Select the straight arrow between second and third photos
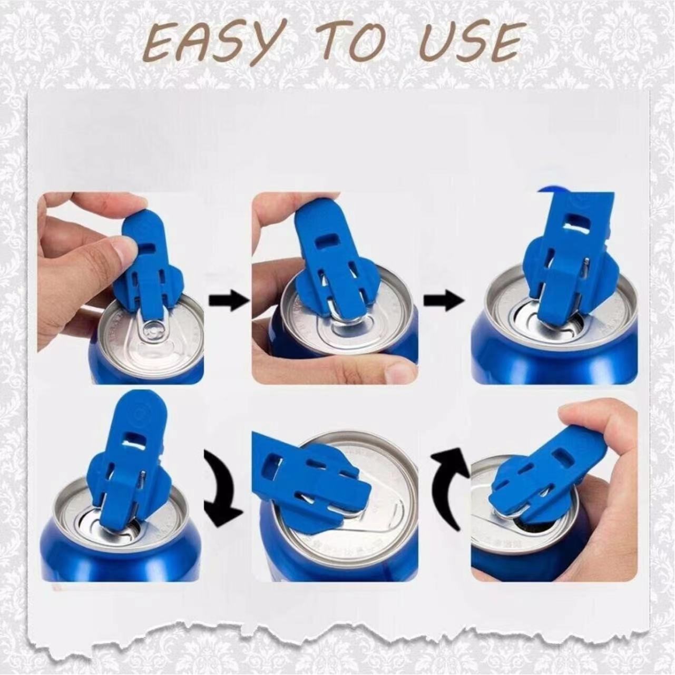coord(444,301)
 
